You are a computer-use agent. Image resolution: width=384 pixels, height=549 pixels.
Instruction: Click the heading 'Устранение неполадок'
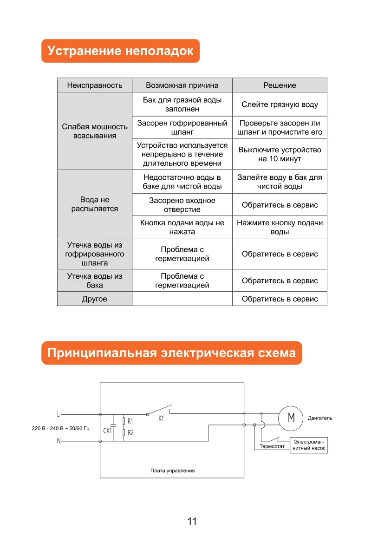click(x=120, y=51)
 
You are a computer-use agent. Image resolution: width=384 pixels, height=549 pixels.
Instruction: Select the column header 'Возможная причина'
click(x=182, y=85)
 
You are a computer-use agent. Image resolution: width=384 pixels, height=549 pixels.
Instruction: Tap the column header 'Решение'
click(x=280, y=85)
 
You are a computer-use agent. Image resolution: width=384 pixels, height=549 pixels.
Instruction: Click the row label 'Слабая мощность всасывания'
click(x=95, y=131)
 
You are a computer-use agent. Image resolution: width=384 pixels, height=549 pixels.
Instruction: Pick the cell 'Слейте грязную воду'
click(x=280, y=105)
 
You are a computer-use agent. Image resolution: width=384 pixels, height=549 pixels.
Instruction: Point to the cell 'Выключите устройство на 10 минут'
click(x=280, y=154)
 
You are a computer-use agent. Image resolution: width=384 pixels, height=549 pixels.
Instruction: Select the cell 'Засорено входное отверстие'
click(x=182, y=205)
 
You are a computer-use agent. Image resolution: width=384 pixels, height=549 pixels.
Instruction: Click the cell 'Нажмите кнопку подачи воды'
click(x=280, y=227)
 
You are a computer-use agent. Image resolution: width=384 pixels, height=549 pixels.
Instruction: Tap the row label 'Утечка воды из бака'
click(x=95, y=281)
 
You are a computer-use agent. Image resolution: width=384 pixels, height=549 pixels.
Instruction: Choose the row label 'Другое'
click(x=95, y=299)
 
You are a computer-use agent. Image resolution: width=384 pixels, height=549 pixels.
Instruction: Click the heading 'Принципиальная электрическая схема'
click(x=171, y=353)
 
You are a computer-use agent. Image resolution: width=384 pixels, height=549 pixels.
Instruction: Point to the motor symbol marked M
click(x=291, y=418)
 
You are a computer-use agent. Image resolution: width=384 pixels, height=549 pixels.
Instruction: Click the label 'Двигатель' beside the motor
click(x=320, y=418)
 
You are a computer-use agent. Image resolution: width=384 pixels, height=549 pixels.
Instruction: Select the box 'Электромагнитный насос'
click(x=309, y=445)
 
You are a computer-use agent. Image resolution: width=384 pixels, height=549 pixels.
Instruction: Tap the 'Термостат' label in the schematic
click(x=272, y=446)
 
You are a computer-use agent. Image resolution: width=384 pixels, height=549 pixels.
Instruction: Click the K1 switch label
click(x=161, y=418)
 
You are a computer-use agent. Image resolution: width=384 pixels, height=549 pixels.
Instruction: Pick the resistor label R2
click(x=130, y=432)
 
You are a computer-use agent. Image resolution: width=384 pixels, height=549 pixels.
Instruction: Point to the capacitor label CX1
click(x=108, y=431)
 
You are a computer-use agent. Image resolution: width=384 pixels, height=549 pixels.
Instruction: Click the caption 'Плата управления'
click(x=172, y=471)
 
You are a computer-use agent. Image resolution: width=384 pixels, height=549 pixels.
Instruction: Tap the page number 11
click(x=192, y=521)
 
